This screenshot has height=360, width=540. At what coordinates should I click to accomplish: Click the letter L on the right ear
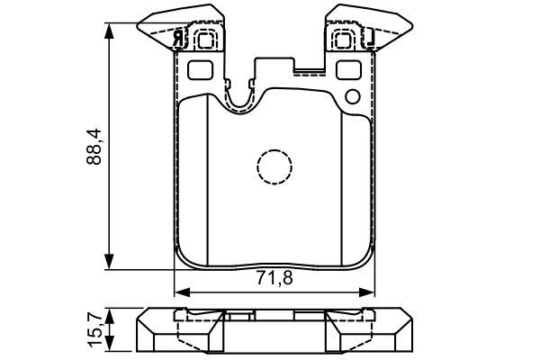(x=369, y=38)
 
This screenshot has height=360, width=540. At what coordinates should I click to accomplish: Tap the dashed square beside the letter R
(x=203, y=39)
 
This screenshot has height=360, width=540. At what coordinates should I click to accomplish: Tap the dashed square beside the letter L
(x=344, y=39)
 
